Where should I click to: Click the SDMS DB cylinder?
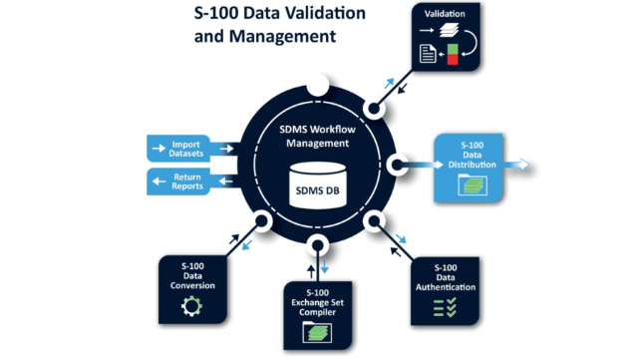click(318, 185)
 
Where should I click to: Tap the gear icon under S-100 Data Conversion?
click(191, 306)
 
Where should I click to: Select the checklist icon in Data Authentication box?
click(445, 307)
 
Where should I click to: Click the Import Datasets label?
click(186, 149)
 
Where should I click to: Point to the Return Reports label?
click(187, 181)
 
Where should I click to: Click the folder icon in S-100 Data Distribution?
click(473, 184)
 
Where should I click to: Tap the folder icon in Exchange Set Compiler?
click(317, 332)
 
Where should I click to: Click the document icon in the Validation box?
click(428, 54)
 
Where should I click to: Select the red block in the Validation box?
click(453, 60)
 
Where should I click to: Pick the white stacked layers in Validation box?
click(449, 30)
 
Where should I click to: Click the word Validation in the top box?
click(445, 14)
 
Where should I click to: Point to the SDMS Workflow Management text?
click(318, 137)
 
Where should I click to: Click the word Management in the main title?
click(282, 36)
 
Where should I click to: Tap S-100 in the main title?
click(215, 13)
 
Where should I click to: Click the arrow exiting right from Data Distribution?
click(516, 165)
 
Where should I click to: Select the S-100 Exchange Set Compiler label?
click(317, 303)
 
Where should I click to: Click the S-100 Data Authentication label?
click(446, 277)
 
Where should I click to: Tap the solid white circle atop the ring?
click(318, 85)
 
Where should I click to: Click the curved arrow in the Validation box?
click(471, 43)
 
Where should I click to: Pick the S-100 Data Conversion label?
click(192, 275)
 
